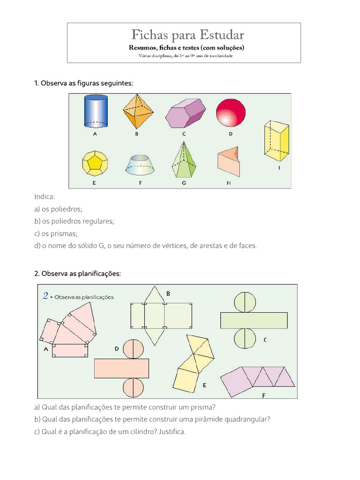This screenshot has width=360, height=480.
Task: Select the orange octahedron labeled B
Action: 138,112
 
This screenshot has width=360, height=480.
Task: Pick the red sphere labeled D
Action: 231,112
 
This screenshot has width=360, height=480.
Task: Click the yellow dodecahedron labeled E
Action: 95,163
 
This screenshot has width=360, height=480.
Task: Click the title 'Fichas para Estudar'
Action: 187,35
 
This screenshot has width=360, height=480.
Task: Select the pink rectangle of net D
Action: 121,368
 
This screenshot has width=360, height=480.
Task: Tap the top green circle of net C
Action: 244,302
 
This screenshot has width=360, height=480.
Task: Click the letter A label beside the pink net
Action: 46,349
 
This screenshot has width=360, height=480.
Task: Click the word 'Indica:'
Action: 45,197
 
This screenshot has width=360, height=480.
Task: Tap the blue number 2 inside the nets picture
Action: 46,296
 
